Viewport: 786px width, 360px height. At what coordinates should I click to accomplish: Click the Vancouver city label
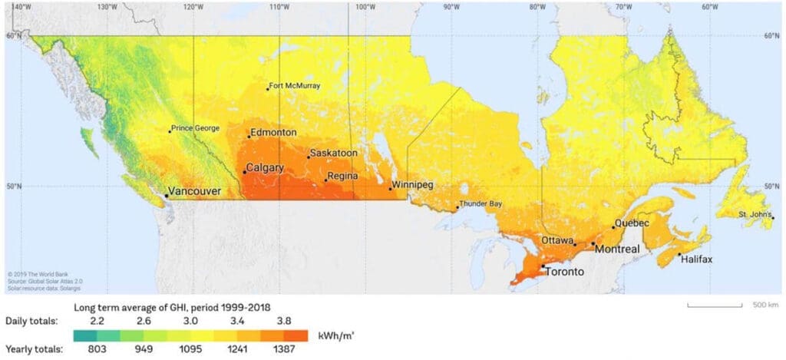[x=195, y=191]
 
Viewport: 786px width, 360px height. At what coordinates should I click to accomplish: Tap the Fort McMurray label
[x=296, y=86]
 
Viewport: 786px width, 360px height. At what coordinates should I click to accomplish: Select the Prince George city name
[x=196, y=128]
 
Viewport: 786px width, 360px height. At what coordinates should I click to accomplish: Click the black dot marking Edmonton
[x=249, y=137]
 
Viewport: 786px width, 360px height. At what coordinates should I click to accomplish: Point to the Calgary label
[x=265, y=167]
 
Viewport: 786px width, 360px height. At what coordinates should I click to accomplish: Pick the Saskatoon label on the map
[x=334, y=153]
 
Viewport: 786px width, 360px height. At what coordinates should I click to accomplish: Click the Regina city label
[x=342, y=177]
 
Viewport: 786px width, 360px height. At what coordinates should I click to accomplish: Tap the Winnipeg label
[x=413, y=185]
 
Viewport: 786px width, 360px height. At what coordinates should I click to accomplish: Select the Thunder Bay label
[x=481, y=204]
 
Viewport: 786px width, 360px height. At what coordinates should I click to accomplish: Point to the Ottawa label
[x=557, y=239]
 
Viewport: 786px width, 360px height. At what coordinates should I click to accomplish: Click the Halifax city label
[x=697, y=259]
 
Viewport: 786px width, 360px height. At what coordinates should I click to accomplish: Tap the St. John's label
[x=755, y=214]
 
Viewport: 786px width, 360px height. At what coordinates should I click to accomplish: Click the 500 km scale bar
[x=715, y=306]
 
